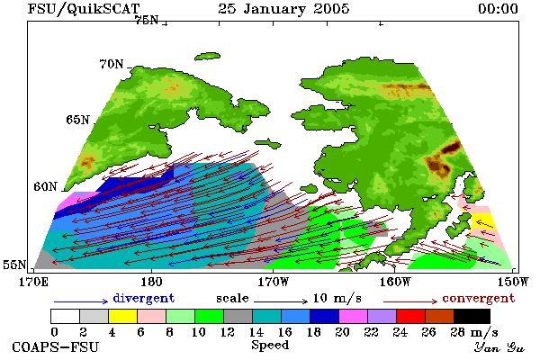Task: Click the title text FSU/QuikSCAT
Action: tap(84, 9)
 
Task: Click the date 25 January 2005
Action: tap(283, 9)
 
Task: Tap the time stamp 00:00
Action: tap(498, 9)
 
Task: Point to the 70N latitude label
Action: tap(112, 64)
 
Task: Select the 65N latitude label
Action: tap(77, 120)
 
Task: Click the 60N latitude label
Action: tap(45, 186)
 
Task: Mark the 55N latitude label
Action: tap(14, 265)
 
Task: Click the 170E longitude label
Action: tap(33, 282)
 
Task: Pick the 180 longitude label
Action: tap(151, 282)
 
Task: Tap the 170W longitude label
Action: tap(273, 282)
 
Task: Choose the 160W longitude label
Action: tap(395, 282)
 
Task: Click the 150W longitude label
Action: tap(513, 282)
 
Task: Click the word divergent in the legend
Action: tap(144, 298)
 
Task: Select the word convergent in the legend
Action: tap(479, 298)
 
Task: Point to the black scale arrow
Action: tap(281, 301)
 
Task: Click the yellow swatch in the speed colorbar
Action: tap(122, 316)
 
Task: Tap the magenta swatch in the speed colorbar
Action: tap(354, 316)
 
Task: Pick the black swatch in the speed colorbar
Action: tap(472, 316)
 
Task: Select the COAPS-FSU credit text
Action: tap(56, 346)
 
